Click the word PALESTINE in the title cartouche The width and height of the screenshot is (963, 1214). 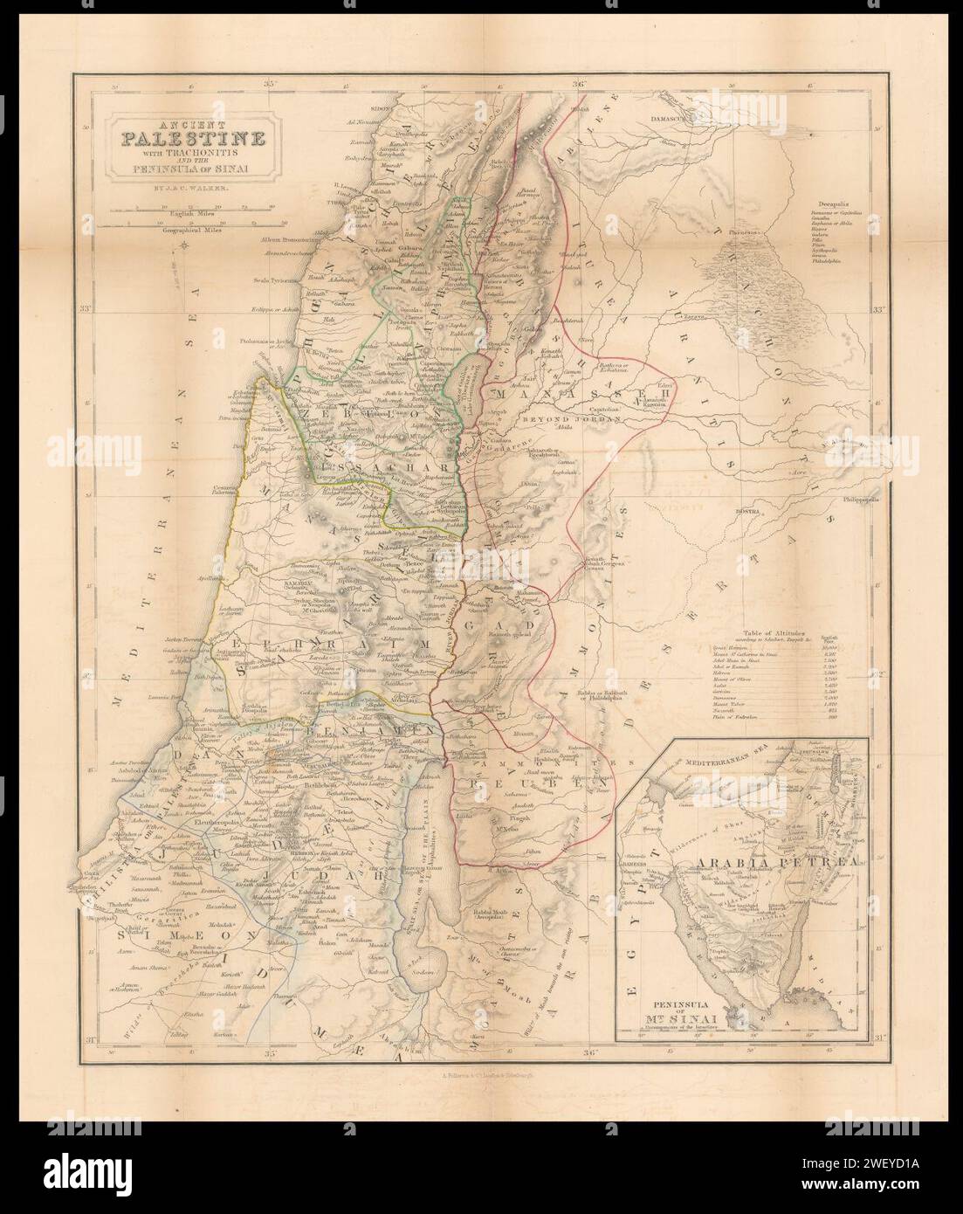[188, 136]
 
